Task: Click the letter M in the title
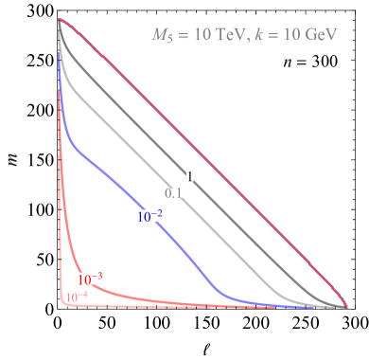[x=159, y=35]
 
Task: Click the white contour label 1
[x=190, y=176]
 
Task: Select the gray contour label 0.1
[x=173, y=192]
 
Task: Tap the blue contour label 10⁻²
[x=149, y=216]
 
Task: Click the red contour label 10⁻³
[x=90, y=279]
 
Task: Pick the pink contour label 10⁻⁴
[x=77, y=297]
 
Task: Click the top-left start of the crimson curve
[x=60, y=19]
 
